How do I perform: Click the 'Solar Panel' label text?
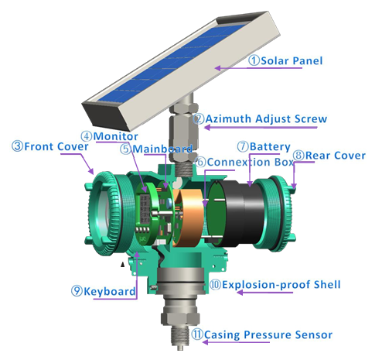[298, 62]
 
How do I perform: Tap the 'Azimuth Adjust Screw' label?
[265, 119]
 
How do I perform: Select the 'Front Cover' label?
[48, 146]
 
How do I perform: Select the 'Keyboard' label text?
[109, 291]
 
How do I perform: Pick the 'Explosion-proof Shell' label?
[284, 284]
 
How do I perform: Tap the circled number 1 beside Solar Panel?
[253, 62]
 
